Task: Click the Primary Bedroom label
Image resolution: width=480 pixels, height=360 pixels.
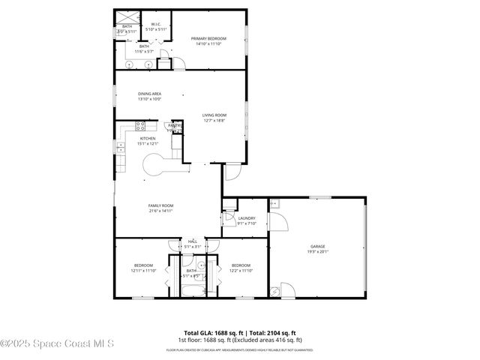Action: pyautogui.click(x=209, y=38)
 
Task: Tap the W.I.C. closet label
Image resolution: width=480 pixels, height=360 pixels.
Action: pyautogui.click(x=156, y=25)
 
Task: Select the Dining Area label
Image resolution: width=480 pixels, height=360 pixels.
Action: pyautogui.click(x=149, y=94)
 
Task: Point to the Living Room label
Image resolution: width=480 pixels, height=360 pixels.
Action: pyautogui.click(x=214, y=115)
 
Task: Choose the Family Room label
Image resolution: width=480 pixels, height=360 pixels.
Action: pyautogui.click(x=160, y=205)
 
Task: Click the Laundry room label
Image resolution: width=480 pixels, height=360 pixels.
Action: pyautogui.click(x=247, y=218)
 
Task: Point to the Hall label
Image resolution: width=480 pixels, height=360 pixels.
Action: pyautogui.click(x=192, y=241)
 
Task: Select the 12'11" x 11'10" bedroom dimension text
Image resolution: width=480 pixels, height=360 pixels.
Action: pyautogui.click(x=143, y=270)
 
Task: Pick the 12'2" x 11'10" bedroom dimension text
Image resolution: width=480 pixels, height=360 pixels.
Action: pyautogui.click(x=241, y=270)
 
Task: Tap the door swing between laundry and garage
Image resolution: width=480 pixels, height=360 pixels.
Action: pyautogui.click(x=277, y=223)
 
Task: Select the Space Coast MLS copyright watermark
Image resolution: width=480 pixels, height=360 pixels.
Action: pyautogui.click(x=58, y=344)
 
